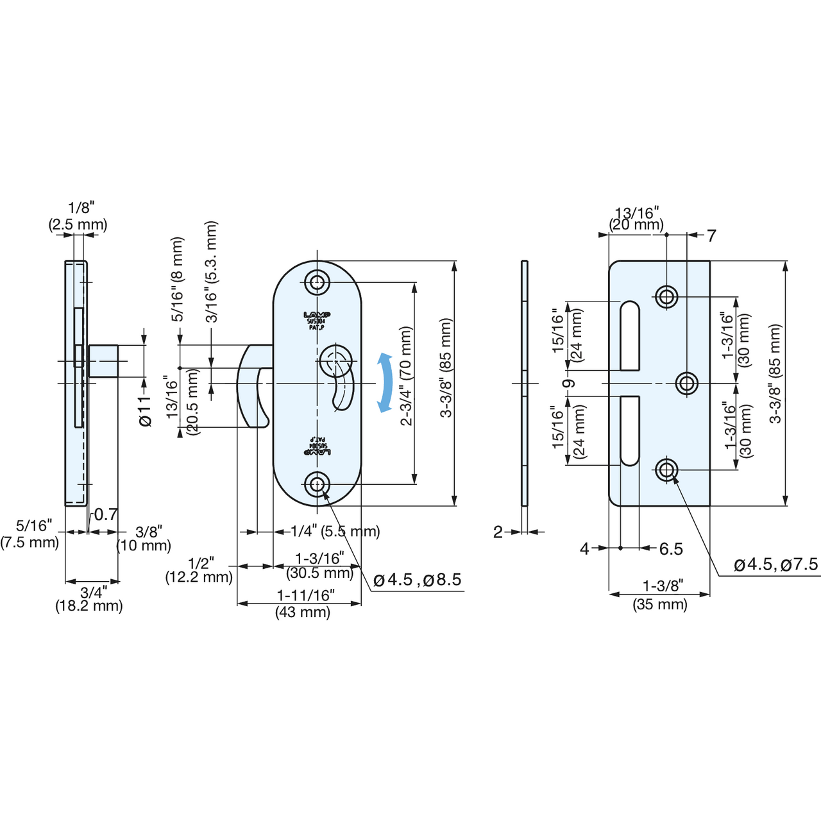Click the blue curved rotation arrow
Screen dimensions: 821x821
click(385, 382)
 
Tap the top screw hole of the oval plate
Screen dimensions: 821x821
click(317, 282)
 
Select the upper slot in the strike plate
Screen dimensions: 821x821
click(630, 335)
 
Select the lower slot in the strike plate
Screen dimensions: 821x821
click(630, 430)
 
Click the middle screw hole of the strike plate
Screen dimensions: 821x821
click(687, 384)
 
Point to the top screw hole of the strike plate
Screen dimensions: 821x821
click(666, 296)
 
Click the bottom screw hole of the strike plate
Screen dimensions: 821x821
click(666, 470)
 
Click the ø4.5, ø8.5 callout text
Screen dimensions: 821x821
click(417, 580)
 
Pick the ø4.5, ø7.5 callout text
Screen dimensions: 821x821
click(775, 564)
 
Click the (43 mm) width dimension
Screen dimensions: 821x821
click(303, 612)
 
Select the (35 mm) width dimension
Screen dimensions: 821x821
click(660, 604)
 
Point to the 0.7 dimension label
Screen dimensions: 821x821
click(106, 514)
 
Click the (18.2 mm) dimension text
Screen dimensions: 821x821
click(89, 605)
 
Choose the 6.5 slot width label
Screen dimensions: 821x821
click(671, 549)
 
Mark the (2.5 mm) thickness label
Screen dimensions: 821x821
click(78, 224)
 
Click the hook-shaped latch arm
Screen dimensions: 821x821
click(252, 385)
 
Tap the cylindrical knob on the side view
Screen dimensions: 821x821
click(103, 361)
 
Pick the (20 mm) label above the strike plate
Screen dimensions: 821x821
click(636, 225)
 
